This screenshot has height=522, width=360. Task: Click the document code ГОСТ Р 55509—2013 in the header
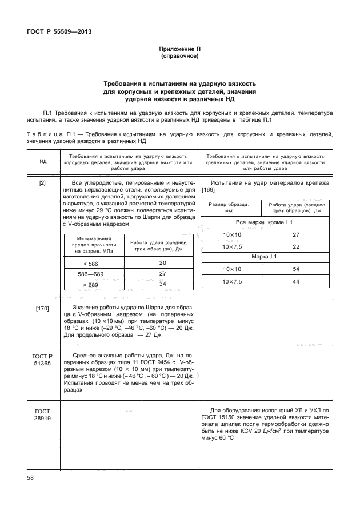(x=59, y=31)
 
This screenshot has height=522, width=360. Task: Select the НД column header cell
(x=43, y=162)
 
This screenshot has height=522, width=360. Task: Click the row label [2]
(x=43, y=184)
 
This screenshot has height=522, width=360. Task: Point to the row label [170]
(x=43, y=309)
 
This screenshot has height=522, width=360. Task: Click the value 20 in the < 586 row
(x=162, y=262)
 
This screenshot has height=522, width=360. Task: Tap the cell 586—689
(x=90, y=273)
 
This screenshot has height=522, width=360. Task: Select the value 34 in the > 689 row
(x=162, y=284)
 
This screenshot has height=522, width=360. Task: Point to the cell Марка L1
(x=265, y=257)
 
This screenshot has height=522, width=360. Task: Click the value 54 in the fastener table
(x=296, y=269)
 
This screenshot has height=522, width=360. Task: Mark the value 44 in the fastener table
(x=296, y=282)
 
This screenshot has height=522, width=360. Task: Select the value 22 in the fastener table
(x=296, y=246)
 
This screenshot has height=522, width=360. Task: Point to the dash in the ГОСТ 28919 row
(x=128, y=411)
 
